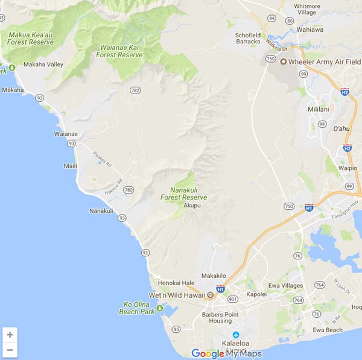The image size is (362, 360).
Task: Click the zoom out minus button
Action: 10,349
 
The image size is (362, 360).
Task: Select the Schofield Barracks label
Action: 248,38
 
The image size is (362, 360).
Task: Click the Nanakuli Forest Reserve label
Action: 184,193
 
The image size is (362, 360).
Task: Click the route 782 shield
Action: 135,90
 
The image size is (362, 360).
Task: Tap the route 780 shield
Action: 128,190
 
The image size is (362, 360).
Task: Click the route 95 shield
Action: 176,329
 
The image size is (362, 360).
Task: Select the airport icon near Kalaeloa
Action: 235,335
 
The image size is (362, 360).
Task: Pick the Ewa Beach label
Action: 328,330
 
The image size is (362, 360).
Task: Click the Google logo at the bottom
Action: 207,353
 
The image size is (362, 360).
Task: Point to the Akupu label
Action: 192,206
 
